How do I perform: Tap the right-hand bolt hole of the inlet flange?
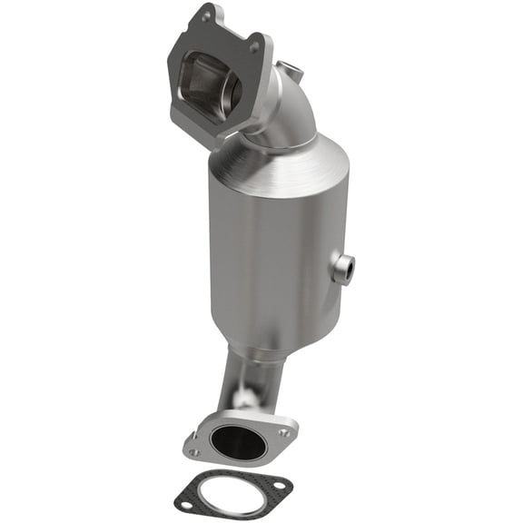tap(254, 46)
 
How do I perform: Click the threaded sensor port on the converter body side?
tap(344, 267)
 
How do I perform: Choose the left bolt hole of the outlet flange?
tap(193, 451)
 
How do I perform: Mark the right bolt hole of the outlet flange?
tap(286, 433)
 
